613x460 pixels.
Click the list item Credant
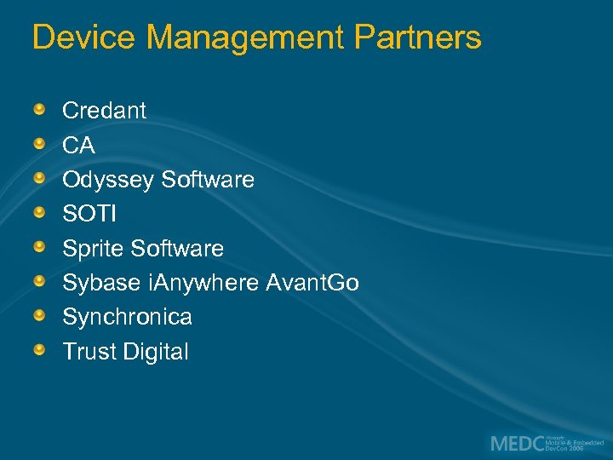pos(104,111)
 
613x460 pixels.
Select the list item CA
pos(78,146)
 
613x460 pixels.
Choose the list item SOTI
pos(89,214)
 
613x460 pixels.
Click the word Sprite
pos(94,249)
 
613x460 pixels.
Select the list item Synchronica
pos(127,317)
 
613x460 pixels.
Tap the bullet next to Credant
pos(40,109)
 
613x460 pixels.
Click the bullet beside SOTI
pos(40,212)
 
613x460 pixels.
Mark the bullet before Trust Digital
pos(40,350)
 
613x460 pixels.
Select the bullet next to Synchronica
pos(40,315)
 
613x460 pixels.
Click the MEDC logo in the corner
pos(545,444)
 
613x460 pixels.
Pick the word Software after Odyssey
pos(208,180)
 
